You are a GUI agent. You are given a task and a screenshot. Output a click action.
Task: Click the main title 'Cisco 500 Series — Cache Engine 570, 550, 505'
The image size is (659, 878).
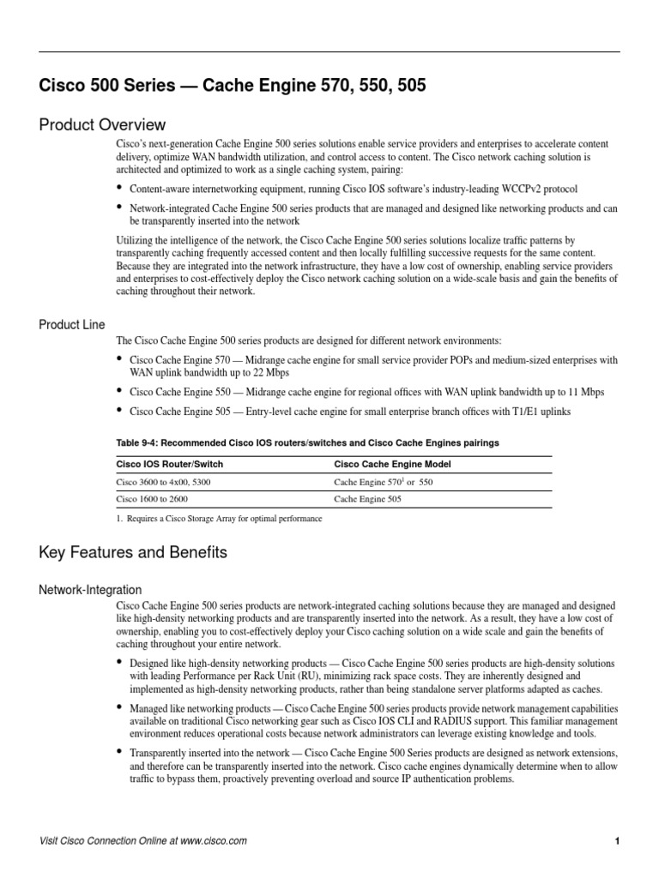coord(233,86)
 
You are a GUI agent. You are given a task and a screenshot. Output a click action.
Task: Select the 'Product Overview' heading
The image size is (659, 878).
coord(102,125)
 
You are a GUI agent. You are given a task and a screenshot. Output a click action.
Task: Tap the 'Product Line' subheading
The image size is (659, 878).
coord(72,325)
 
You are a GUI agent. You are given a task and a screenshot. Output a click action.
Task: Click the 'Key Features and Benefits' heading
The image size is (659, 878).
coord(133,553)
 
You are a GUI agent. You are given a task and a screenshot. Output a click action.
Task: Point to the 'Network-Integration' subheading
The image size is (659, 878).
coord(90,590)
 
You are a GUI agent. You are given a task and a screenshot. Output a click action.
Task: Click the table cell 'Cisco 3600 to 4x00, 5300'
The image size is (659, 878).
coord(163,483)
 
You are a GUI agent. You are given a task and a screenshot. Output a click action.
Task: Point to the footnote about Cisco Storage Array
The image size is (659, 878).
coord(220,519)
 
